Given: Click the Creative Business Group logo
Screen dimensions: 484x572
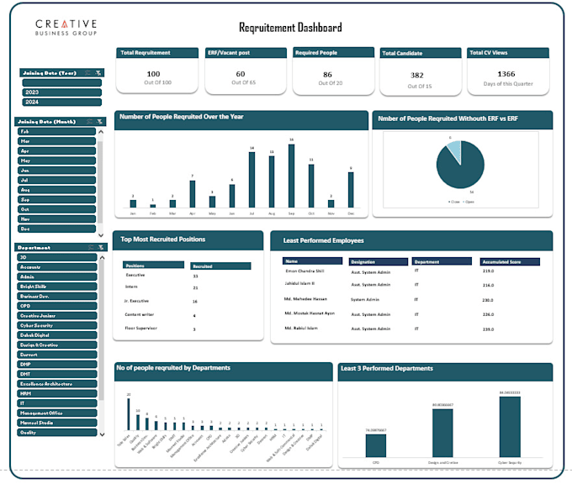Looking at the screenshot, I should point(66,28).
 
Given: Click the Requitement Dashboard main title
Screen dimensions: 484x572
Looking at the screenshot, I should point(290,28).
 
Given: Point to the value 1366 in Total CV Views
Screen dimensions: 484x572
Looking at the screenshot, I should point(506,74).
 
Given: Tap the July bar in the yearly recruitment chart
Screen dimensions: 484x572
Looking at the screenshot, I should point(252,178).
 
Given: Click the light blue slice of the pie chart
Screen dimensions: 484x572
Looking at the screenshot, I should point(454,151).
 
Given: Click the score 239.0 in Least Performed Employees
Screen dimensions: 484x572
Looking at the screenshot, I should point(488,328).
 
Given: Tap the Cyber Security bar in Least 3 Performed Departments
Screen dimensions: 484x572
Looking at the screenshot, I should point(510,426).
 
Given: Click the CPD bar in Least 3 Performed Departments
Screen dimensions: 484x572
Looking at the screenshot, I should point(376,445).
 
